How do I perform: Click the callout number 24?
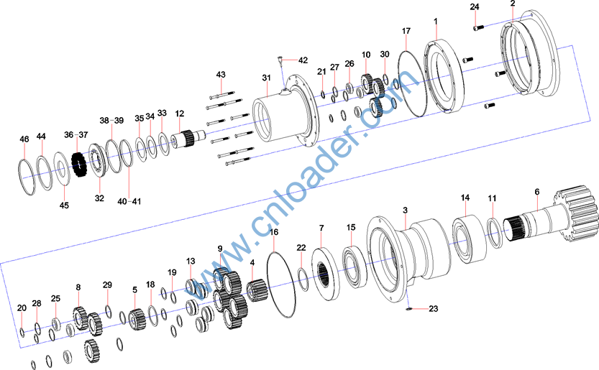click(474, 7)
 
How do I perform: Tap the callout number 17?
click(406, 31)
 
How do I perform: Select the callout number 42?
click(302, 60)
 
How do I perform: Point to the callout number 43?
click(221, 75)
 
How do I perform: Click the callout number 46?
click(24, 139)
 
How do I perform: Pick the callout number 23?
click(433, 310)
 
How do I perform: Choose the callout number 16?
click(274, 233)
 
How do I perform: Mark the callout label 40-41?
click(129, 201)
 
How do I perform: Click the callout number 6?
click(536, 192)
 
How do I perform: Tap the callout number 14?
click(465, 198)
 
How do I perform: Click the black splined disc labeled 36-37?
click(80, 167)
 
